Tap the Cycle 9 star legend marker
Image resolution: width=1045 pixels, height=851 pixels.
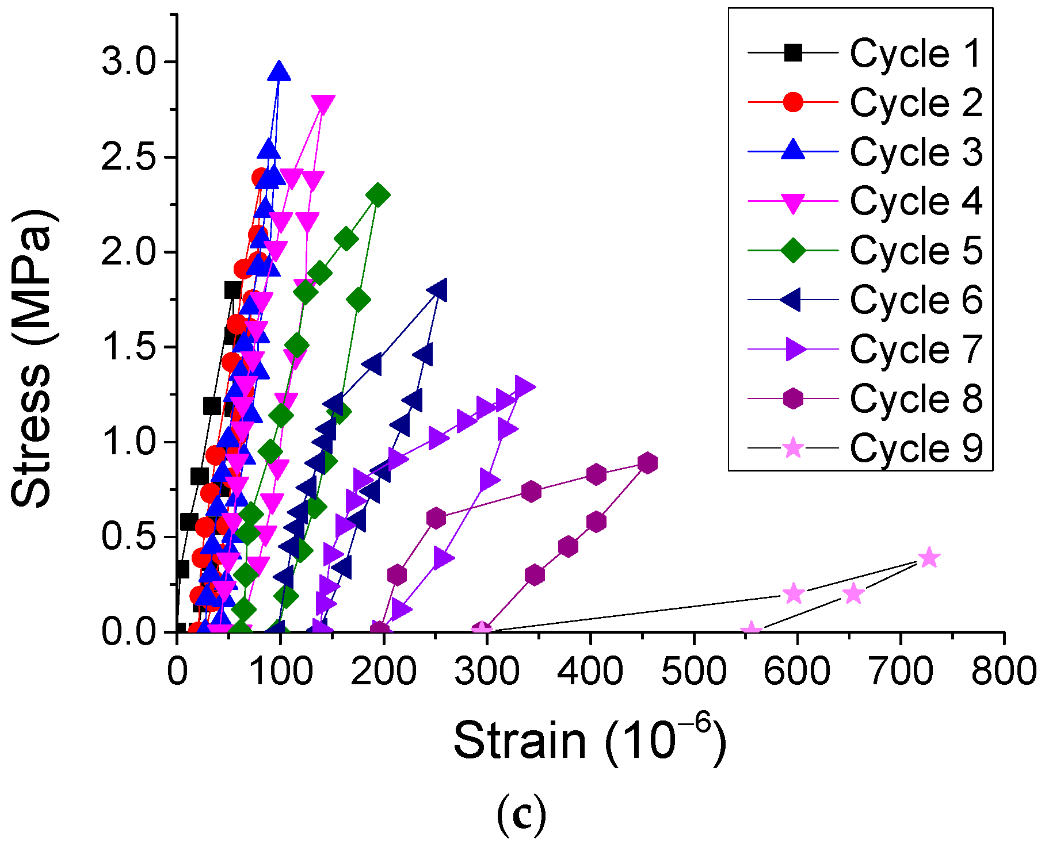click(793, 447)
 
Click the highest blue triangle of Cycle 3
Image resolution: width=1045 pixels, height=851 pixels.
click(280, 71)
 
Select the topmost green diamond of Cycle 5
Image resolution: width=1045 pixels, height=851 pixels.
click(378, 195)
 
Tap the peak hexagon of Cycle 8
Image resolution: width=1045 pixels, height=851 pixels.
click(648, 463)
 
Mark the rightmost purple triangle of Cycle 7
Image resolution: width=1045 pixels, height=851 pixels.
click(525, 386)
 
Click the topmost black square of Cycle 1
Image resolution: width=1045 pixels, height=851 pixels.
click(232, 290)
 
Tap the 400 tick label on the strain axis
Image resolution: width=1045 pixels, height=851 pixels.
click(590, 671)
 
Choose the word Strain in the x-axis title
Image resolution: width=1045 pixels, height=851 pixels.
click(520, 741)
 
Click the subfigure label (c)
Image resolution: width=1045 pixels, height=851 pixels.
click(521, 816)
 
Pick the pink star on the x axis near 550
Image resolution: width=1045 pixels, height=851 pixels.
click(750, 631)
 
